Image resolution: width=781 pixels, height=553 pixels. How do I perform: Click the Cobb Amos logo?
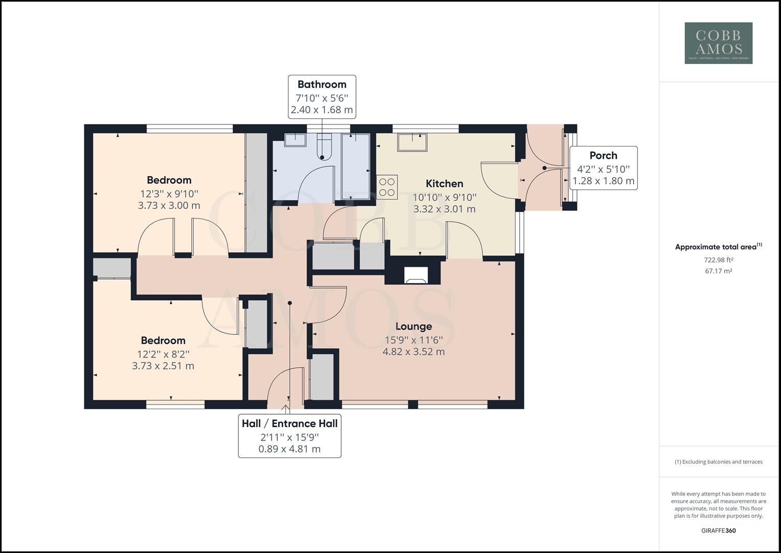click(719, 43)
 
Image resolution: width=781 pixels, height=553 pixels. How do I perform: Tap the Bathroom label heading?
click(322, 84)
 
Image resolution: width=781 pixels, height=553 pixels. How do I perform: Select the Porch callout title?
click(603, 155)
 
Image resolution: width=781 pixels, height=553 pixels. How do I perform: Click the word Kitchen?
click(444, 184)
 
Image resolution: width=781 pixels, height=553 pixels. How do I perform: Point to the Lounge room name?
click(413, 327)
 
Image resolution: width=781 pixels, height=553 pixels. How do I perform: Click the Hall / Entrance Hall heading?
click(289, 423)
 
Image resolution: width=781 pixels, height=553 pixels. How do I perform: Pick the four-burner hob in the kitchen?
click(387, 187)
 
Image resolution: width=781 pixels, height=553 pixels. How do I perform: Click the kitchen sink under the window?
click(412, 142)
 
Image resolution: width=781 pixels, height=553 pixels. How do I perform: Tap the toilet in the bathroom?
click(323, 146)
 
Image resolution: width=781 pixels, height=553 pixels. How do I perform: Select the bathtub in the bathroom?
click(355, 166)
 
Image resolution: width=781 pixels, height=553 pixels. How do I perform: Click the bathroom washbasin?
click(295, 140)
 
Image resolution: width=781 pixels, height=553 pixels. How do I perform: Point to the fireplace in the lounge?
click(416, 275)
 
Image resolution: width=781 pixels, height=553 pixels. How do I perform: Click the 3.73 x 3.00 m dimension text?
click(169, 205)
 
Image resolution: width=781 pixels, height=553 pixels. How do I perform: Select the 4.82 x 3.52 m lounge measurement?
click(413, 352)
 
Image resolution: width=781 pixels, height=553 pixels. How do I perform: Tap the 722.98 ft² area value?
click(718, 260)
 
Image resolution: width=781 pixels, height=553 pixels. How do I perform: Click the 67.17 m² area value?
click(718, 271)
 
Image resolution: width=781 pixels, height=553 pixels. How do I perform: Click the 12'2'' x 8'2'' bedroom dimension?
click(163, 354)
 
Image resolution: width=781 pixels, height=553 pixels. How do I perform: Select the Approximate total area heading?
click(718, 247)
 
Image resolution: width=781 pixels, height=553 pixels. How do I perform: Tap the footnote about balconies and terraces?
click(719, 461)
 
